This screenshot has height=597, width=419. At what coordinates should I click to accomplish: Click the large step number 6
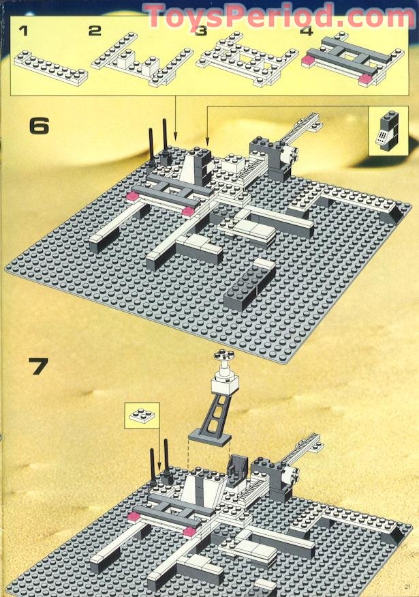pos(39,126)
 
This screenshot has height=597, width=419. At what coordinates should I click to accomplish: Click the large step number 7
pos(38,366)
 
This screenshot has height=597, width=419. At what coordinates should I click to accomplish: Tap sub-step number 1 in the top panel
pos(24,31)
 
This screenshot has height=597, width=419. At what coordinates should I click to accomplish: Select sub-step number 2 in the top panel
pos(95,31)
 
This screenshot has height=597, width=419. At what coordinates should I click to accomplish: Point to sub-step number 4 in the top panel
pos(307,31)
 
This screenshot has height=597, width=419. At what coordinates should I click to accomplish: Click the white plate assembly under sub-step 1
pos(51,68)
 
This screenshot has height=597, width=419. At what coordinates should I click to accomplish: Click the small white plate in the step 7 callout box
pos(142,415)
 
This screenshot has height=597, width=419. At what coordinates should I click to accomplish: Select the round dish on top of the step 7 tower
pos(223,355)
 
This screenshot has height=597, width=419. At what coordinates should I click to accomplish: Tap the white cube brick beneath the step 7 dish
pos(226,383)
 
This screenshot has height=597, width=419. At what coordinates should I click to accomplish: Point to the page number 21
pos(408,587)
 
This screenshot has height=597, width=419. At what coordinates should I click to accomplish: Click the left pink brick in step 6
pos(133,196)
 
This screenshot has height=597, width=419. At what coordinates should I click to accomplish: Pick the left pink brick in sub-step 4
pos(308,60)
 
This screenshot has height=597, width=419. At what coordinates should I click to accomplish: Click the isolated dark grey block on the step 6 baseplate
pos(249,284)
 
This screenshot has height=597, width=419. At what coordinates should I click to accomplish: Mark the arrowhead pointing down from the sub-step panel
pos(175,136)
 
